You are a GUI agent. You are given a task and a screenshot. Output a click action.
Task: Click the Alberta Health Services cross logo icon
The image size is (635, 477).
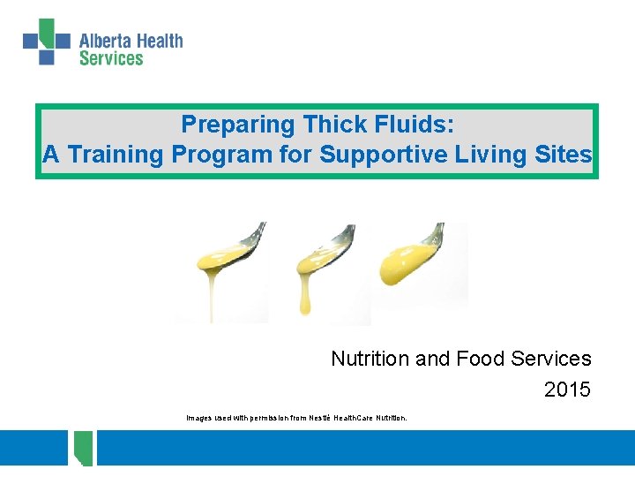point(46,42)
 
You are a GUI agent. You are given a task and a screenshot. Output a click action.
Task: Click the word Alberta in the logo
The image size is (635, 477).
point(104,41)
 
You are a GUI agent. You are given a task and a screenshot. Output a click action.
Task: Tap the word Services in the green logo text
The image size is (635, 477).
point(110,58)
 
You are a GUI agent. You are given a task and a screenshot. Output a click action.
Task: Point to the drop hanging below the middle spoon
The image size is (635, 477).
point(305,306)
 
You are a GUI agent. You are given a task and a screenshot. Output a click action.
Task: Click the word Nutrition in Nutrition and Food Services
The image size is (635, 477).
point(370,359)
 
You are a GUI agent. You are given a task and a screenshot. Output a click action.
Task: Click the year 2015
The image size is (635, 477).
point(567,390)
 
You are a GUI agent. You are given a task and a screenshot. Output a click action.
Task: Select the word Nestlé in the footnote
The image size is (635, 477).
point(320,418)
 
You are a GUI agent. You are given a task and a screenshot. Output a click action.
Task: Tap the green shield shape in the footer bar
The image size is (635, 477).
point(84,448)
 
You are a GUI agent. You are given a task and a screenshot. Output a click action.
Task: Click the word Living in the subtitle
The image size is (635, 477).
point(479,155)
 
